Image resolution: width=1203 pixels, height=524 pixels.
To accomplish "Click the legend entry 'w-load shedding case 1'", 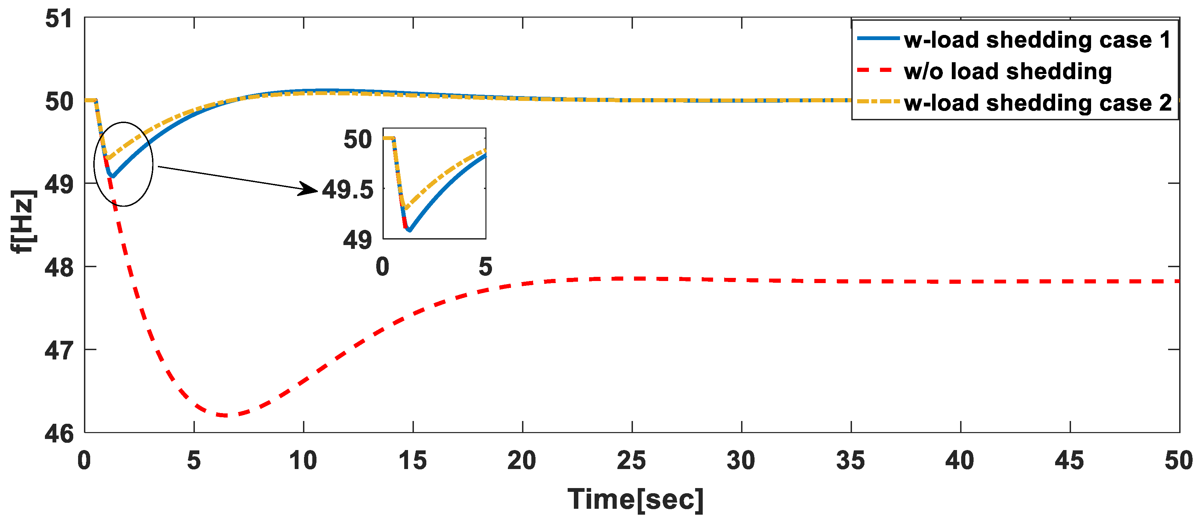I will pyautogui.click(x=1037, y=40).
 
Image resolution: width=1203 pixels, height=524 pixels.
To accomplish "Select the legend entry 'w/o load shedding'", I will pyautogui.click(x=1007, y=72).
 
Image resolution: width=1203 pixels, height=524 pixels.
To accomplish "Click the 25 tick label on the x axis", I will pyautogui.click(x=632, y=461).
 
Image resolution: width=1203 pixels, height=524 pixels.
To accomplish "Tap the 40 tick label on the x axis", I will pyautogui.click(x=960, y=461).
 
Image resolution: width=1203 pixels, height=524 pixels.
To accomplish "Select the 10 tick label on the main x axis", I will pyautogui.click(x=303, y=461).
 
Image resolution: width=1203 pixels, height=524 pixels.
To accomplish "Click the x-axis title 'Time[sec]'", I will pyautogui.click(x=635, y=500).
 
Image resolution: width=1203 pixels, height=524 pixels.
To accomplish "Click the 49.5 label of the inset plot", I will pyautogui.click(x=348, y=190).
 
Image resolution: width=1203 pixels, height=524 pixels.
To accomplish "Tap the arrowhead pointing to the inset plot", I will pyautogui.click(x=309, y=189).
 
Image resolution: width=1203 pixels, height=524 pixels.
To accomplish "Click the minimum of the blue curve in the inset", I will pyautogui.click(x=409, y=230).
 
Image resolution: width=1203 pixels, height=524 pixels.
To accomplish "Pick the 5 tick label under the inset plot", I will pyautogui.click(x=485, y=267).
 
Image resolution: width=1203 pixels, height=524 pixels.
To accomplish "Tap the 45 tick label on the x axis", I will pyautogui.click(x=1069, y=461).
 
